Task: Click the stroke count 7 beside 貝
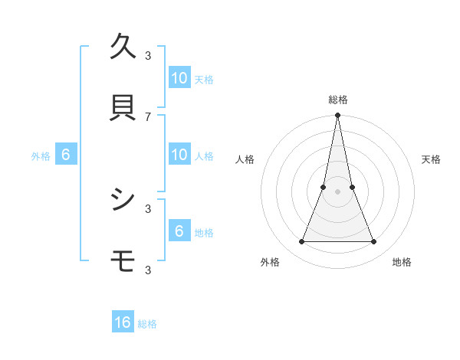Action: point(148,116)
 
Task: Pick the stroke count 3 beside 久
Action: point(148,55)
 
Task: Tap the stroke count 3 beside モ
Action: point(148,270)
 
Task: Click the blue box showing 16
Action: point(123,323)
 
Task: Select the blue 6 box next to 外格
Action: point(66,155)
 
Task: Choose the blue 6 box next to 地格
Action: point(179,231)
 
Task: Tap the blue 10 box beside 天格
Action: point(179,78)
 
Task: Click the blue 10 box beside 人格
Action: point(179,155)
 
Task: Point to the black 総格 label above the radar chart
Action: point(338,100)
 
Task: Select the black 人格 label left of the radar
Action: point(245,159)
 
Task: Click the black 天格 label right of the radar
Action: point(432,159)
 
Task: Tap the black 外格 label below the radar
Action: point(270,262)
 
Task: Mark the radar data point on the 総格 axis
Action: point(338,116)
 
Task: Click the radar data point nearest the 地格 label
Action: point(374,242)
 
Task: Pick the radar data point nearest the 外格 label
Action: point(301,242)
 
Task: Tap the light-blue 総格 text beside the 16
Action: point(147,324)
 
